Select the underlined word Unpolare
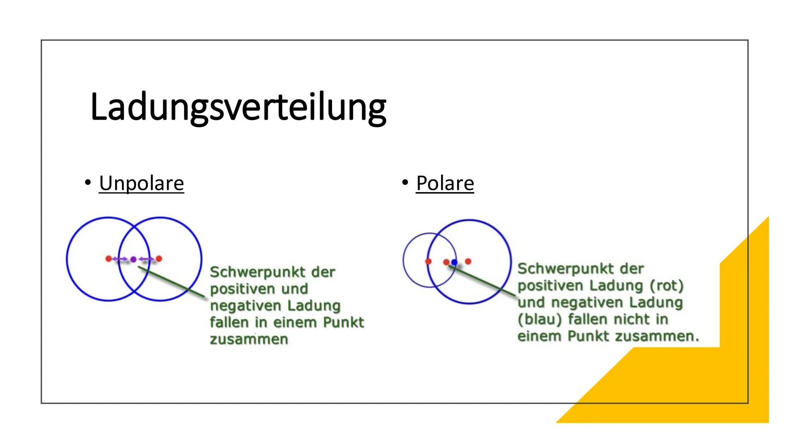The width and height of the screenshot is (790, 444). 141,183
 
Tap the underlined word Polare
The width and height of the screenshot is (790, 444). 445,183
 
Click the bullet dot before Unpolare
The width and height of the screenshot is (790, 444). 87,182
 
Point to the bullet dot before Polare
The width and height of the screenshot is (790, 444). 405,182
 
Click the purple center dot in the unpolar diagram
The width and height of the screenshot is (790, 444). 133,259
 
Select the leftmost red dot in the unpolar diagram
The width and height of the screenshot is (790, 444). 109,259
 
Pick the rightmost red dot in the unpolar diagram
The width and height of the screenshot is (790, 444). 159,259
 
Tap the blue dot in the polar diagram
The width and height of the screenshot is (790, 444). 454,262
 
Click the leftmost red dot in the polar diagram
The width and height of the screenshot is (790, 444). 428,261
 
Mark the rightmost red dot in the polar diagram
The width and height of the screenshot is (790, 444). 468,261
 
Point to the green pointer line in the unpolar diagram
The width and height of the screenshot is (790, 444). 173,282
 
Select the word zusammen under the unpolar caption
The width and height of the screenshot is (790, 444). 249,340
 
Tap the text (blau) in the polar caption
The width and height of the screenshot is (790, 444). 539,319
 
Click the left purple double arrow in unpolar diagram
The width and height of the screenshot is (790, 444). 121,259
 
